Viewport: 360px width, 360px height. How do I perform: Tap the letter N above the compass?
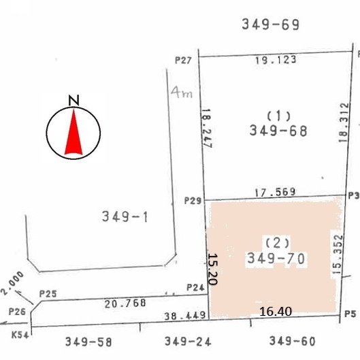pyautogui.click(x=74, y=100)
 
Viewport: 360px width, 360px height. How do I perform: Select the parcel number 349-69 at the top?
pyautogui.click(x=271, y=24)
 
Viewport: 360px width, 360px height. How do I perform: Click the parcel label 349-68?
pyautogui.click(x=278, y=131)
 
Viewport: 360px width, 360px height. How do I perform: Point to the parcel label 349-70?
pyautogui.click(x=276, y=258)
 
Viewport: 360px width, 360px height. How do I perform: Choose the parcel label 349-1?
pyautogui.click(x=125, y=216)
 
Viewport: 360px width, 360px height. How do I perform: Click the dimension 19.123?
pyautogui.click(x=276, y=60)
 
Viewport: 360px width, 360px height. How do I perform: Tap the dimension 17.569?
pyautogui.click(x=275, y=192)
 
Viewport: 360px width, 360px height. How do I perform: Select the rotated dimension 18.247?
pyautogui.click(x=207, y=128)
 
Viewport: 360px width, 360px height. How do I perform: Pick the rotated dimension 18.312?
pyautogui.click(x=344, y=122)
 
